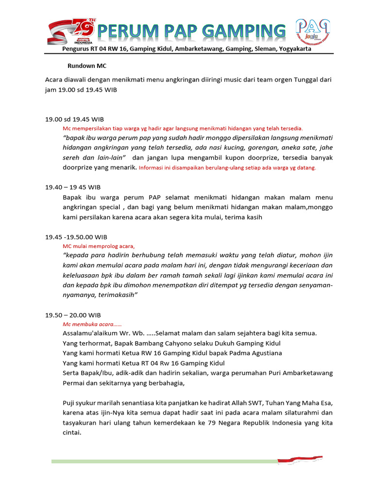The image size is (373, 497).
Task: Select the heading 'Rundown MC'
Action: point(86,66)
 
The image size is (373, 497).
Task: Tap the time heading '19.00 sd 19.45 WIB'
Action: point(74,119)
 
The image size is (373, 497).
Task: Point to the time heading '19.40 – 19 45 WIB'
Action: point(73,187)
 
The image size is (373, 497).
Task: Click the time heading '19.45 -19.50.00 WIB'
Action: point(76,237)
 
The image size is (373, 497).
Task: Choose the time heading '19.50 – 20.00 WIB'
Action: point(73,315)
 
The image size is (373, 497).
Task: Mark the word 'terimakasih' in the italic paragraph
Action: point(116,295)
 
